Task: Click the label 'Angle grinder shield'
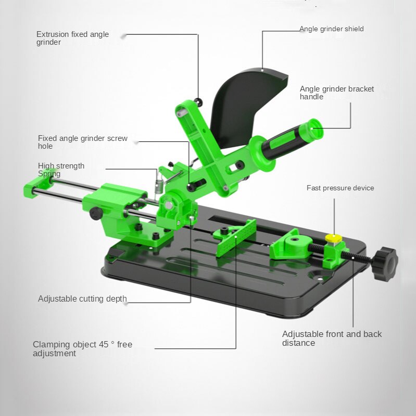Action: pyautogui.click(x=331, y=29)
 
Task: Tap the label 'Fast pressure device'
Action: pyautogui.click(x=340, y=188)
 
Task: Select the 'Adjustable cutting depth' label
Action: pyautogui.click(x=82, y=299)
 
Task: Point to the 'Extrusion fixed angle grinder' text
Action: pyautogui.click(x=72, y=38)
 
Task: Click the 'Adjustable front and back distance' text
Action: pyautogui.click(x=332, y=339)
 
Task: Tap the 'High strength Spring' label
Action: pyautogui.click(x=61, y=170)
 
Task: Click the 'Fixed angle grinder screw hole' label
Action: pyautogui.click(x=82, y=142)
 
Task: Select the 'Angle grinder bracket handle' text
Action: pyautogui.click(x=336, y=93)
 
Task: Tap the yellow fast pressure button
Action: pyautogui.click(x=333, y=238)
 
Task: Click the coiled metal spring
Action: pyautogui.click(x=159, y=185)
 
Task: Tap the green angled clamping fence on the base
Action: pyautogui.click(x=236, y=237)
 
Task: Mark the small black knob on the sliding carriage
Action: pyautogui.click(x=96, y=213)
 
